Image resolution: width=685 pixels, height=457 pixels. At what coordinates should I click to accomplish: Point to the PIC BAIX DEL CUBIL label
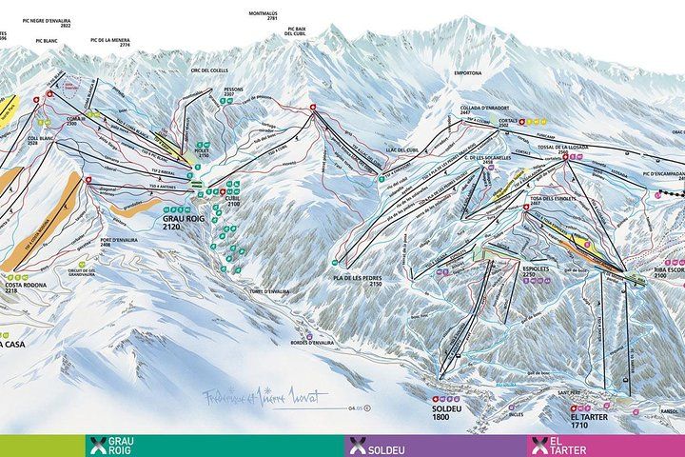[x=300, y=32]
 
